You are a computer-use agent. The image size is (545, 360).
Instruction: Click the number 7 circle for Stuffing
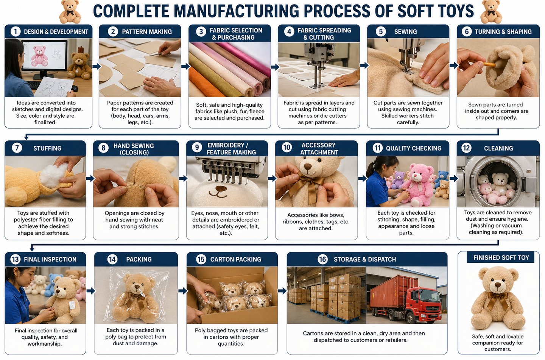tap(17, 148)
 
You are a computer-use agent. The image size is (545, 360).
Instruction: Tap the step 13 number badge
tap(15, 259)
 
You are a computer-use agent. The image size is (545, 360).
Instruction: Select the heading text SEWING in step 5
tap(405, 32)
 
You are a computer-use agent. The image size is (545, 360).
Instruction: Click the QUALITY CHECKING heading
tap(414, 148)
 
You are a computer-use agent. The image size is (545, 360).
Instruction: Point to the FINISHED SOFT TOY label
tap(501, 257)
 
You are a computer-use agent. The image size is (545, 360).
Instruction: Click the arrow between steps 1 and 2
tap(97, 66)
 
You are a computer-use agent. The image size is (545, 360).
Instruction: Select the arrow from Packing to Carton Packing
tap(183, 291)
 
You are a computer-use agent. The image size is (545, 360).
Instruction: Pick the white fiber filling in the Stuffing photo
tap(53, 175)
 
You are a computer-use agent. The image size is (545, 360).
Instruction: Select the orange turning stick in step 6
tap(489, 64)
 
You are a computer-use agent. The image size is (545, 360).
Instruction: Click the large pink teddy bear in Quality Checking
tap(418, 185)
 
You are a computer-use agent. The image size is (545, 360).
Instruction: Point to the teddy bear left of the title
tap(70, 12)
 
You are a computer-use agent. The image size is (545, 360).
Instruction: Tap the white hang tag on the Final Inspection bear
tap(72, 305)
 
